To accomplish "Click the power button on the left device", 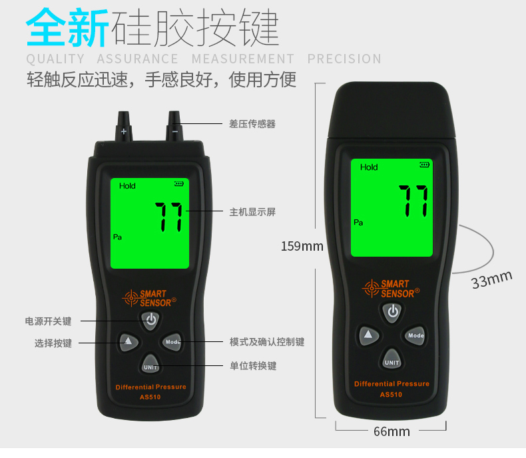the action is [x=150, y=319].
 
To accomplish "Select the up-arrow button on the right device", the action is [x=369, y=335].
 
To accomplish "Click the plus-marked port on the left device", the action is [x=123, y=126].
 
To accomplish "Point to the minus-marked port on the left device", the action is [x=174, y=126].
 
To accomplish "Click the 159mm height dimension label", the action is [x=302, y=246].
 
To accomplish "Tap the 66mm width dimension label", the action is [x=392, y=431].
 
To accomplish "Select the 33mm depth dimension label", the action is [x=492, y=279].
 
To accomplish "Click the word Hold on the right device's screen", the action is [x=369, y=167].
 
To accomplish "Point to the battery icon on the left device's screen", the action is [x=179, y=184].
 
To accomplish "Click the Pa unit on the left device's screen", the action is [x=117, y=237].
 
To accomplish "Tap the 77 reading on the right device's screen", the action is [x=413, y=201].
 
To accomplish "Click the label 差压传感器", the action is [x=252, y=124].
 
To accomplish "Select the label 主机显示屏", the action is [x=252, y=212].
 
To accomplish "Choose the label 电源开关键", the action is [x=49, y=321].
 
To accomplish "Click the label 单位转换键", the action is [x=253, y=365].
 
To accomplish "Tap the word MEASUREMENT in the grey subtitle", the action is [x=243, y=59].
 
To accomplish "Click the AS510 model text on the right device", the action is [x=391, y=395].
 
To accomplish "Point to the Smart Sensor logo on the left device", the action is [x=149, y=298].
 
